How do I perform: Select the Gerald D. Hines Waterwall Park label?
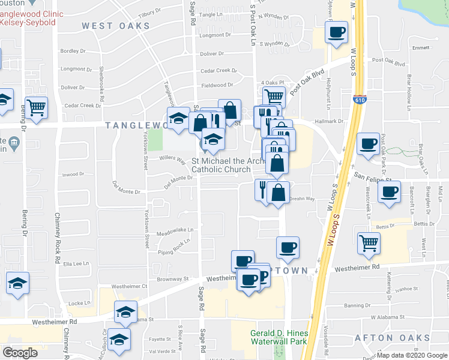[279, 337]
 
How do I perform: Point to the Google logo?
[20, 353]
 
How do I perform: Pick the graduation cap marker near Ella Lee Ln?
[17, 283]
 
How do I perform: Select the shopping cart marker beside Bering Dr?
[36, 108]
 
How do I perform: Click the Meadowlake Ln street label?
[173, 230]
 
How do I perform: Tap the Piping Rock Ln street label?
[175, 245]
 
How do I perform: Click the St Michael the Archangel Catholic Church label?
[221, 165]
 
